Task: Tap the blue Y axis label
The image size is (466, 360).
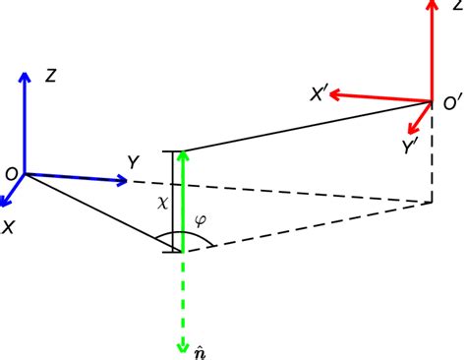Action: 133,159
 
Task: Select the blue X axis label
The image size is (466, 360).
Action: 10,225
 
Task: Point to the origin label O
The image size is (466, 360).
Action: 10,174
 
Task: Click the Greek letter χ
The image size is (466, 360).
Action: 163,202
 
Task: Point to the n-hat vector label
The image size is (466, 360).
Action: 199,349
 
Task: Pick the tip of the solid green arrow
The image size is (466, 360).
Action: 181,153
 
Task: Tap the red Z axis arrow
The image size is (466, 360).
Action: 432,49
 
